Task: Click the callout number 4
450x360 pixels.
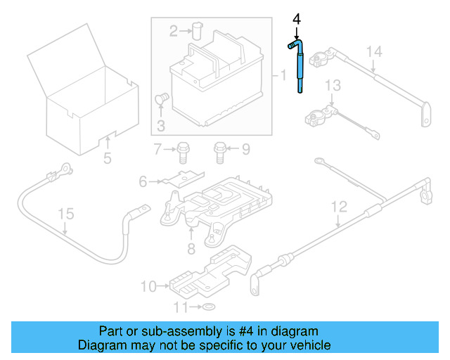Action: point(297,19)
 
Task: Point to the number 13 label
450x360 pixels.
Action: point(332,85)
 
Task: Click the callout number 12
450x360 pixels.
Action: point(339,207)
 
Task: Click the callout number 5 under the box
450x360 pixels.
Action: point(107,158)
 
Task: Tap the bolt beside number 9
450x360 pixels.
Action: point(220,149)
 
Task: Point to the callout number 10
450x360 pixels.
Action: point(147,286)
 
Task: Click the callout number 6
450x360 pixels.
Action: point(144,182)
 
